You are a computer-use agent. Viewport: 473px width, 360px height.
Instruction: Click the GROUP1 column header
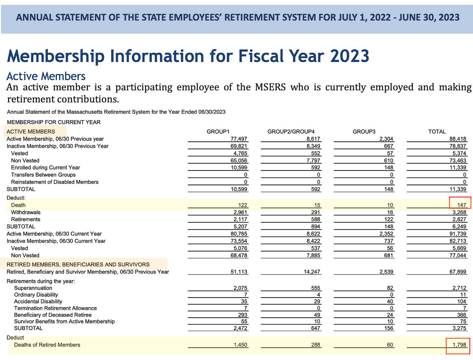(x=218, y=132)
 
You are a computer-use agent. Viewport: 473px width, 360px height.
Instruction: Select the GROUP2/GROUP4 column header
(x=291, y=132)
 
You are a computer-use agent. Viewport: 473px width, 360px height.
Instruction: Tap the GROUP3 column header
(x=364, y=132)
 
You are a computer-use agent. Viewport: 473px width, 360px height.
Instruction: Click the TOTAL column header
(x=437, y=132)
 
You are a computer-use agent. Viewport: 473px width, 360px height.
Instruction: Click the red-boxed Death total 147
(x=461, y=205)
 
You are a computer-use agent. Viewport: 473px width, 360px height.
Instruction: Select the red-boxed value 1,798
(x=459, y=345)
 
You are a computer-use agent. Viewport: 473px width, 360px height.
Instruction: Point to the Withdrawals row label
(x=26, y=212)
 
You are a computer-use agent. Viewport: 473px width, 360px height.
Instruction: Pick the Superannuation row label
(x=33, y=288)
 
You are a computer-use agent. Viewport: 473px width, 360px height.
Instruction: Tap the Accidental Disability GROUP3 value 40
(x=390, y=302)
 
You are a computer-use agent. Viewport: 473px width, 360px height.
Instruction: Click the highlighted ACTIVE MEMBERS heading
(x=31, y=132)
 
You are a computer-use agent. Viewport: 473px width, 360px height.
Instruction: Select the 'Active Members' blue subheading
(x=46, y=76)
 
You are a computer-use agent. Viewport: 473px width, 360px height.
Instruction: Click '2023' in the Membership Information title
(x=350, y=56)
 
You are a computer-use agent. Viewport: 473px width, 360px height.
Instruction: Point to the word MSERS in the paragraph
(x=270, y=87)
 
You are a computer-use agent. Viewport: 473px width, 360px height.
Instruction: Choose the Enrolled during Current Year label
(x=45, y=168)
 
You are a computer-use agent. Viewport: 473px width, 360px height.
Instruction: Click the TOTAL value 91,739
(x=458, y=234)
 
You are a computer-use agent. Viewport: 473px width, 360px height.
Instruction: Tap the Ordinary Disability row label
(x=36, y=295)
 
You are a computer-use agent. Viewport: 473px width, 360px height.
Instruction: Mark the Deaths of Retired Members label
(x=47, y=345)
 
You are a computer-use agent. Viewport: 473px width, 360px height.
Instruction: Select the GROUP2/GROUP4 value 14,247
(x=312, y=272)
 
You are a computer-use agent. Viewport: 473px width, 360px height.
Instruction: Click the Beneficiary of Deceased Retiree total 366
(x=461, y=315)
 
